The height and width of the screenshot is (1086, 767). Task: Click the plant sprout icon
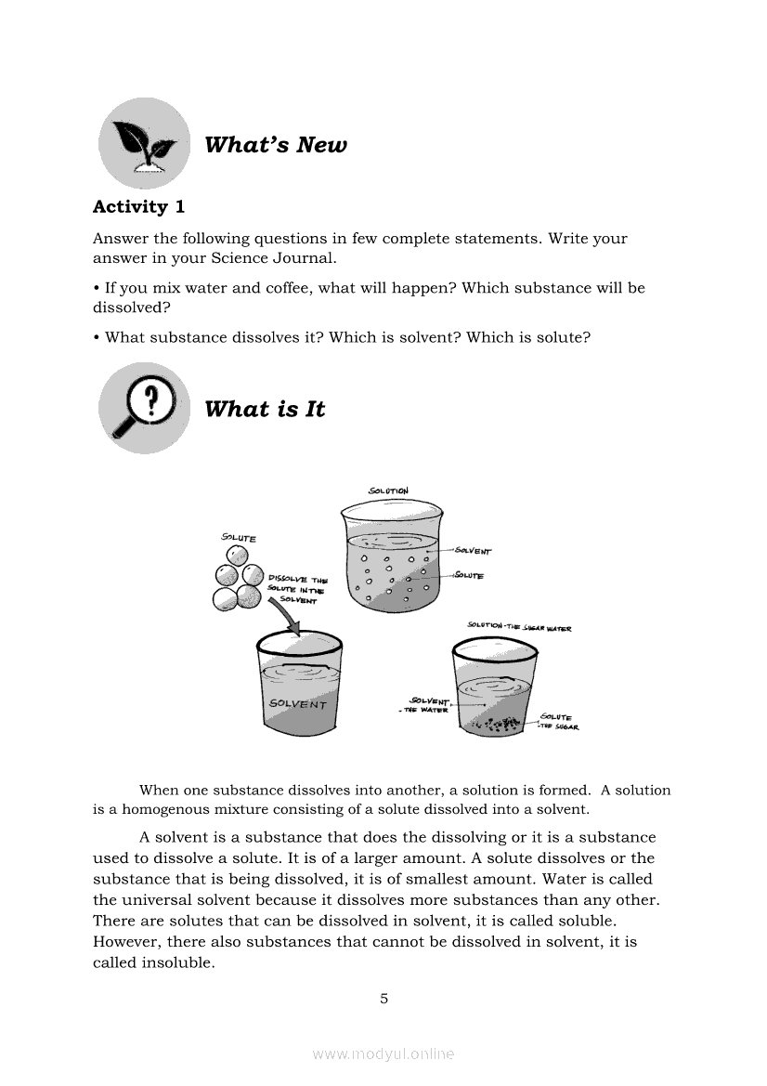pos(144,143)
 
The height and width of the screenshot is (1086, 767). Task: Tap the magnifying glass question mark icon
pos(144,408)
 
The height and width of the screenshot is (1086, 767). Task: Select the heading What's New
pos(275,145)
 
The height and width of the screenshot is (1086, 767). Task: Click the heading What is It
pos(265,410)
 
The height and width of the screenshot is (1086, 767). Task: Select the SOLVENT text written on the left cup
pos(297,704)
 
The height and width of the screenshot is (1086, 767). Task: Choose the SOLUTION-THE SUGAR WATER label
pos(519,627)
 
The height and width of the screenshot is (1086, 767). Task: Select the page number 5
pos(383,1000)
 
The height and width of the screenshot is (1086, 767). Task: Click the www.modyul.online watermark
pos(383,1053)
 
